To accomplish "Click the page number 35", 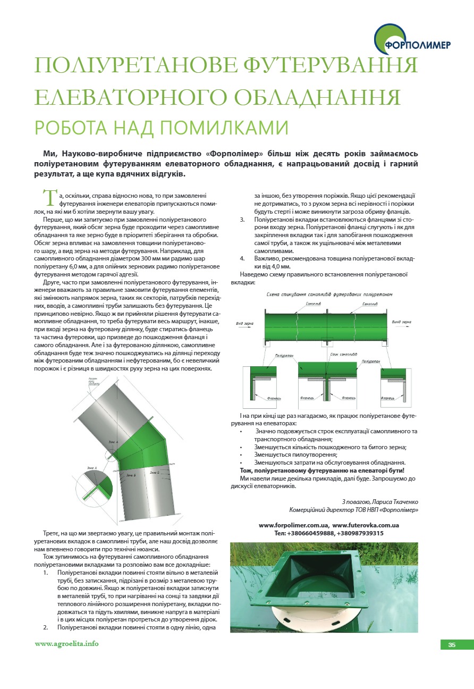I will tap(452, 645).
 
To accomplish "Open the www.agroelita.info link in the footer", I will tap(67, 644).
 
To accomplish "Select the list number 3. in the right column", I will tap(242, 219).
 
